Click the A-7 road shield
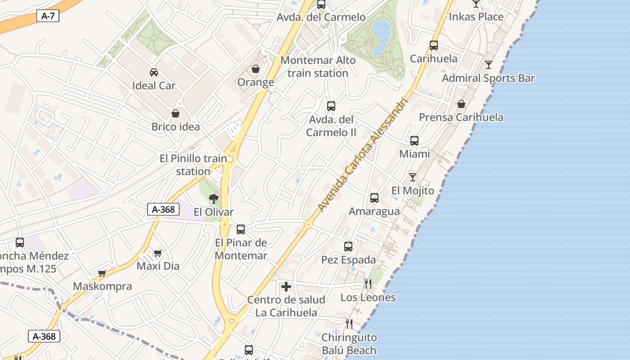tap(47, 16)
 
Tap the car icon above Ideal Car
tap(154, 72)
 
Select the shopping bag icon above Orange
tap(256, 69)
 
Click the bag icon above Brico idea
tap(175, 113)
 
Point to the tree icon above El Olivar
tap(214, 198)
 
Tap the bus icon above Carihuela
tap(434, 45)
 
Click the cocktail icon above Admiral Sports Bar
tap(489, 65)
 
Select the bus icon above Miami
tap(414, 140)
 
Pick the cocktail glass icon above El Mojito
tap(413, 177)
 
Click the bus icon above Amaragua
tap(374, 198)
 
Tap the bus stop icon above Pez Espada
tap(348, 246)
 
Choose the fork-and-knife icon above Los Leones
tap(368, 284)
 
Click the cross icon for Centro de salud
tap(286, 287)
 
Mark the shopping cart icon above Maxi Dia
tap(157, 253)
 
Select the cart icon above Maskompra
tap(102, 273)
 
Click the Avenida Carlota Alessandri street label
tap(362, 155)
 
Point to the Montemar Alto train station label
tap(318, 67)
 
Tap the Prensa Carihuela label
tap(461, 117)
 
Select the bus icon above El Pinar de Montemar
tap(241, 229)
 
